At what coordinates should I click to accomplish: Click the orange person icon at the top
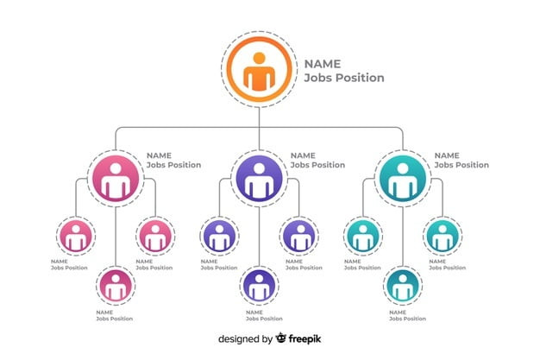(260, 69)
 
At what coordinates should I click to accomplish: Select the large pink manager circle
(116, 179)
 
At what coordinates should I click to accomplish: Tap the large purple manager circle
(260, 179)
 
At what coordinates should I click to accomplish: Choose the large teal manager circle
(403, 179)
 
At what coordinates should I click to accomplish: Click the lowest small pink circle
(116, 286)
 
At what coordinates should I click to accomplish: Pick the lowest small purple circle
(260, 286)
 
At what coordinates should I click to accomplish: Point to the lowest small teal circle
(403, 286)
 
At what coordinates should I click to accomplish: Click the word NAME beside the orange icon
(323, 64)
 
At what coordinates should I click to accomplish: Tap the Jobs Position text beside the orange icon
(344, 78)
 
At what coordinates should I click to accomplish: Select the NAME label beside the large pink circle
(159, 155)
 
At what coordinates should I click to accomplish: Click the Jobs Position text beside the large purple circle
(317, 165)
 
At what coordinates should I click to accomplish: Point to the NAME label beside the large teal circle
(447, 155)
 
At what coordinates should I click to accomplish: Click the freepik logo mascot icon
(281, 338)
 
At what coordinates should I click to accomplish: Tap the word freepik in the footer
(305, 339)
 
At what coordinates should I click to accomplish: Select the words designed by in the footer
(245, 339)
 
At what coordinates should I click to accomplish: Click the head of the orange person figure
(260, 58)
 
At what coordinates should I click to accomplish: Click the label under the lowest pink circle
(115, 315)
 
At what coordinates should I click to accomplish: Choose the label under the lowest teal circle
(407, 315)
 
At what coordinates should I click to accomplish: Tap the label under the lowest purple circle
(264, 315)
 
